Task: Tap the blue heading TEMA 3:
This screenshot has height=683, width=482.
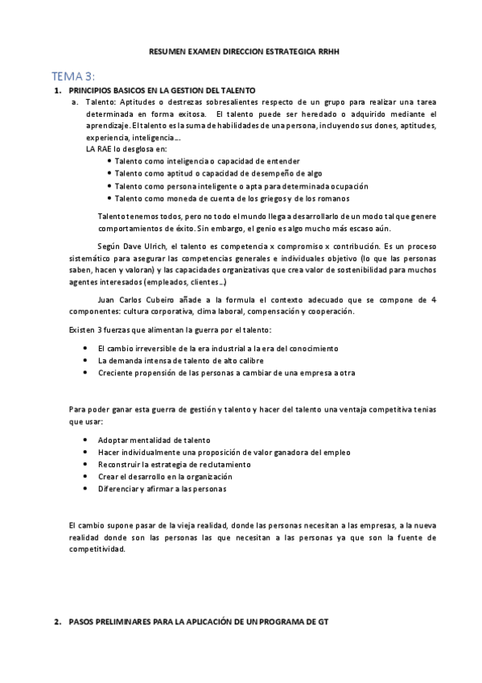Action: (x=73, y=76)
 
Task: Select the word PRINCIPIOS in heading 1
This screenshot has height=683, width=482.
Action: (x=93, y=89)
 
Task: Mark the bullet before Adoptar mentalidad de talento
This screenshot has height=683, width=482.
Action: (x=86, y=441)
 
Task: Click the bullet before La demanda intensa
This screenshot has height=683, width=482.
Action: (x=86, y=360)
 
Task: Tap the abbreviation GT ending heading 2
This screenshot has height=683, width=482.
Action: (x=322, y=622)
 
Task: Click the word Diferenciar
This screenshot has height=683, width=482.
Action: (x=117, y=488)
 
